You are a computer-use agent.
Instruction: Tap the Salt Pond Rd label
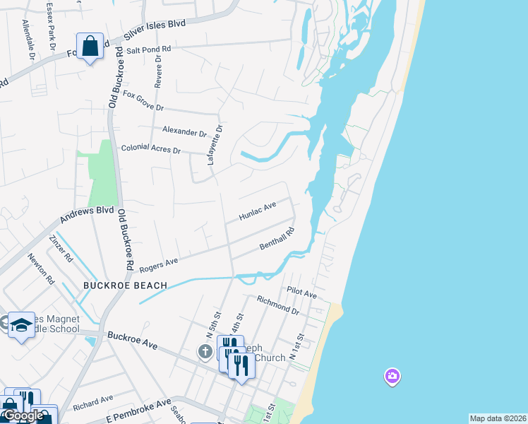(149, 49)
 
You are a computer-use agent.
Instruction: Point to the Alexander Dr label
(184, 131)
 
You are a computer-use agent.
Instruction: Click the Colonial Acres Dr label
(151, 150)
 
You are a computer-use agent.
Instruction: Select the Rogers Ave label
(158, 265)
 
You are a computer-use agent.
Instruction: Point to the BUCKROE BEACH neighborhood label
(125, 285)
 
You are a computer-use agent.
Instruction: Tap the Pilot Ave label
(301, 292)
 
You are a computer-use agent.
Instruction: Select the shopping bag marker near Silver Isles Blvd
(90, 47)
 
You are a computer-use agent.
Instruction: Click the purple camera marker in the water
(392, 376)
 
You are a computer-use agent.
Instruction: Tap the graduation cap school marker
(21, 325)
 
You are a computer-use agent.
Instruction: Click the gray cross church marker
(205, 351)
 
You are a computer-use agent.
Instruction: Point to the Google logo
(23, 416)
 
